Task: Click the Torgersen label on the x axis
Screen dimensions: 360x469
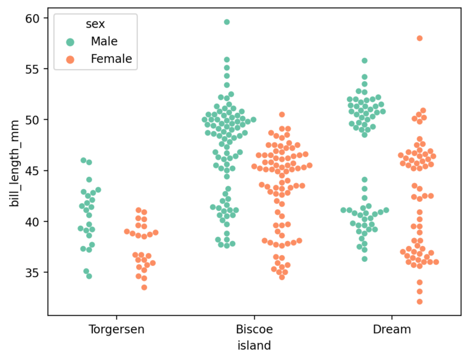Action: [117, 329]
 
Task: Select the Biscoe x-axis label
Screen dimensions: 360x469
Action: [254, 329]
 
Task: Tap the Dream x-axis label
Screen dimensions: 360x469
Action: [391, 329]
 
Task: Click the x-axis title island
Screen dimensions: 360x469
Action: [254, 345]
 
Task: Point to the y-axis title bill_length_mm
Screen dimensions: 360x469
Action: [14, 164]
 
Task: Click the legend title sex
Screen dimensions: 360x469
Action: [95, 24]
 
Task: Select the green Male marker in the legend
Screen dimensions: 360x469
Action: [71, 42]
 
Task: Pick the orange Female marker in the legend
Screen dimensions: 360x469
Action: [71, 59]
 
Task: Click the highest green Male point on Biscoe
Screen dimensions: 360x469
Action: [227, 22]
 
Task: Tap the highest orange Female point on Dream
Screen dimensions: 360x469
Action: [420, 38]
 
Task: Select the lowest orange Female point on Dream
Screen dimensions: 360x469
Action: [420, 301]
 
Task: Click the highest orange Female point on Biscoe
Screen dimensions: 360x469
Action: [282, 115]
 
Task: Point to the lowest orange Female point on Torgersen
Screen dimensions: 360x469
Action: [144, 287]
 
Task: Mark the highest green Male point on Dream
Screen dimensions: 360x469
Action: [365, 61]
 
